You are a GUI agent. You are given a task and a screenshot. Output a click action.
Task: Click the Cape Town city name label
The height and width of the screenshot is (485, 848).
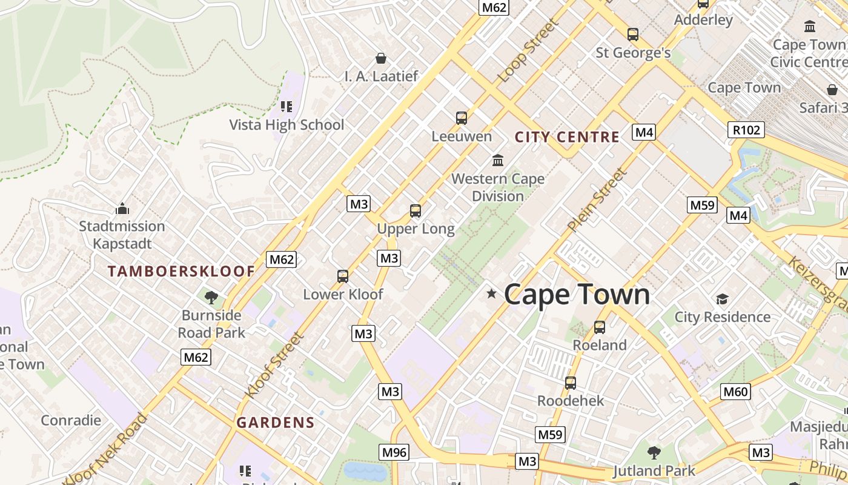click(x=577, y=295)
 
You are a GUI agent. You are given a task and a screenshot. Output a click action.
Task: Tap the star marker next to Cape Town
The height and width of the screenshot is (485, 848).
click(x=492, y=294)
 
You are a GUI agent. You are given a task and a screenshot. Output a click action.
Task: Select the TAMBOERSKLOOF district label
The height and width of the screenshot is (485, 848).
click(x=181, y=272)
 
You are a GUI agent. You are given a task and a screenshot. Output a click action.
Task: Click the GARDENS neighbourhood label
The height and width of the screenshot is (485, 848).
click(x=276, y=423)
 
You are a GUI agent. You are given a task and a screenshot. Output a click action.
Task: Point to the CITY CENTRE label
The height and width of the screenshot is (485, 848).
click(x=567, y=137)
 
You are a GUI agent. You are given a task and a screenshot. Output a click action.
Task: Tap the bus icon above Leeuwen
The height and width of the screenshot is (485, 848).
click(x=462, y=118)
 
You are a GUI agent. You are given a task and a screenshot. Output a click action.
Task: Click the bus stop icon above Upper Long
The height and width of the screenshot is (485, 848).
click(x=416, y=211)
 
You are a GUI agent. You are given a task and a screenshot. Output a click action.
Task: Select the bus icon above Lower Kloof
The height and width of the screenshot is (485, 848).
click(x=343, y=276)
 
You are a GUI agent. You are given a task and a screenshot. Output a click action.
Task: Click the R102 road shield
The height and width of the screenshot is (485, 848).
click(x=746, y=129)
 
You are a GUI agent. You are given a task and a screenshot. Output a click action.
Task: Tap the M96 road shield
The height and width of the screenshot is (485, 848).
click(x=394, y=452)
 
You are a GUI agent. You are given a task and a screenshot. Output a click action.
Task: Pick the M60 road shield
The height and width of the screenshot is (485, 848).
click(x=735, y=392)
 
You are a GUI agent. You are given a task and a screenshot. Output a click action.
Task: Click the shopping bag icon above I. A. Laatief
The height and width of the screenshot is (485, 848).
click(x=381, y=58)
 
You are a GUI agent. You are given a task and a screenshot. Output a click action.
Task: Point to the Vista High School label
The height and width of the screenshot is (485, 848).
click(x=287, y=125)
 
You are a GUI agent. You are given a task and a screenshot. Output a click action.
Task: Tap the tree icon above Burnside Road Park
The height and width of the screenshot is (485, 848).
click(x=211, y=297)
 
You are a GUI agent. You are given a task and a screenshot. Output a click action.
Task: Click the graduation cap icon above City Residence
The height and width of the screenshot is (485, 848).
click(x=722, y=299)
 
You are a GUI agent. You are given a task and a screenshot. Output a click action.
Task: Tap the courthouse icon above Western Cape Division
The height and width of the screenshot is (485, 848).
click(x=498, y=161)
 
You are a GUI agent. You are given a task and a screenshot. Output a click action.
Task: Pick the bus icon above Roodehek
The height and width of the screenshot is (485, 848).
click(x=571, y=383)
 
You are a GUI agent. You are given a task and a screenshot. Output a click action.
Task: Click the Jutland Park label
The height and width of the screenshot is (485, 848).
click(x=654, y=470)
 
